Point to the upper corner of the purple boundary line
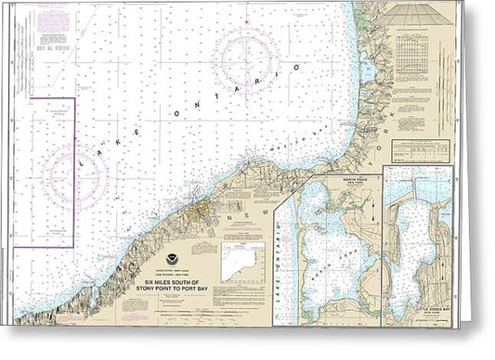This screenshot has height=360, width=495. (x=73, y=97)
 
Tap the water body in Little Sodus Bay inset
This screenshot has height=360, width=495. (x=409, y=251)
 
